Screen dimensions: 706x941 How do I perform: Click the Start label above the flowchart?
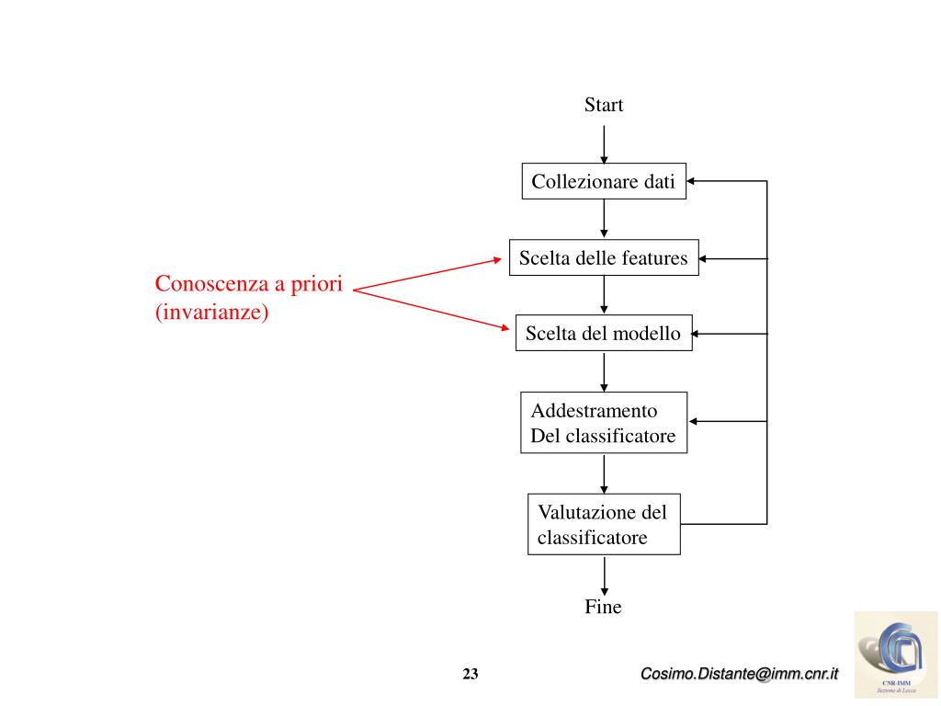(604, 105)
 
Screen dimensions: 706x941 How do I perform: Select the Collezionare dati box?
(603, 182)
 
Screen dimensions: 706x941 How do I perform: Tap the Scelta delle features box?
(603, 258)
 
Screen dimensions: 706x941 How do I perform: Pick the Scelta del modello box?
(603, 334)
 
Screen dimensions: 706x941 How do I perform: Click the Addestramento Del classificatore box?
(603, 422)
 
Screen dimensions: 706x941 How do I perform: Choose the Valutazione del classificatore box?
(604, 524)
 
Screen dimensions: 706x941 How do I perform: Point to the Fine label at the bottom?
(603, 607)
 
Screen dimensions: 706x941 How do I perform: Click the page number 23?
(470, 675)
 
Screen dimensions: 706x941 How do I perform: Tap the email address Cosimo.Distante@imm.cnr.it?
(740, 675)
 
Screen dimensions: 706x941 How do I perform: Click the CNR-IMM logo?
(895, 654)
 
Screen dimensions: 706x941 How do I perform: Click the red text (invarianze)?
(211, 313)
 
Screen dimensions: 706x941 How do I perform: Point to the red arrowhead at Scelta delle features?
(497, 260)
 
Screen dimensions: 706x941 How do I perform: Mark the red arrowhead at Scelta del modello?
(504, 328)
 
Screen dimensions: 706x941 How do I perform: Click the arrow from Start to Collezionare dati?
(604, 144)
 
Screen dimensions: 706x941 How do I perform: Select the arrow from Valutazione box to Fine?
(604, 575)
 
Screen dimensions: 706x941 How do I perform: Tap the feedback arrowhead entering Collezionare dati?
(691, 182)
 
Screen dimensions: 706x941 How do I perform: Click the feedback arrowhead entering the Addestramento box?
(694, 421)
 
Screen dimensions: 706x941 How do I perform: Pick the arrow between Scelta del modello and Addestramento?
(604, 371)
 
